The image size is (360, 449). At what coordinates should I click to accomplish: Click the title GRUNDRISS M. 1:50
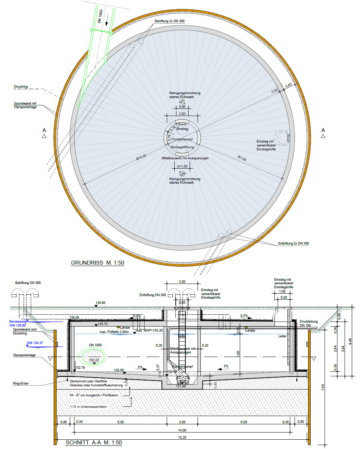97,263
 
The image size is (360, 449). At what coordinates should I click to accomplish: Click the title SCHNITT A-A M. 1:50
94,443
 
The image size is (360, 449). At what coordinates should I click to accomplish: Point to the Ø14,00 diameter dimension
141,158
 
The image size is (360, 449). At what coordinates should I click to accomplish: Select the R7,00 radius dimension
242,159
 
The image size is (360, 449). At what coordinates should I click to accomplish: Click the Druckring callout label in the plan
21,87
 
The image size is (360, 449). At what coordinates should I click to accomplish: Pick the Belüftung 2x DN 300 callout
170,21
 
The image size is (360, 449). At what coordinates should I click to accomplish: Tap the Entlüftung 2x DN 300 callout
293,243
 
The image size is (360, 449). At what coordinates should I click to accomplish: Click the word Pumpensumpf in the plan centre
182,139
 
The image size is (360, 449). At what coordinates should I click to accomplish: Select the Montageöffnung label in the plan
182,147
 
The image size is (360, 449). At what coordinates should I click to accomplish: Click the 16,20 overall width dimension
182,437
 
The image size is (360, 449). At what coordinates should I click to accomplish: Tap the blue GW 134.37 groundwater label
35,343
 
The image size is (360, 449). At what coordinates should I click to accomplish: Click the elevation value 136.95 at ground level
100,303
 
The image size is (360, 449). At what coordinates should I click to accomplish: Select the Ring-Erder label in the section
21,383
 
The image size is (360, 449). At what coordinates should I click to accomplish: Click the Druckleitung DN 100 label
308,323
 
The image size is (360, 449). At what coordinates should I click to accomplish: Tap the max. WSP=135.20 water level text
149,330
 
